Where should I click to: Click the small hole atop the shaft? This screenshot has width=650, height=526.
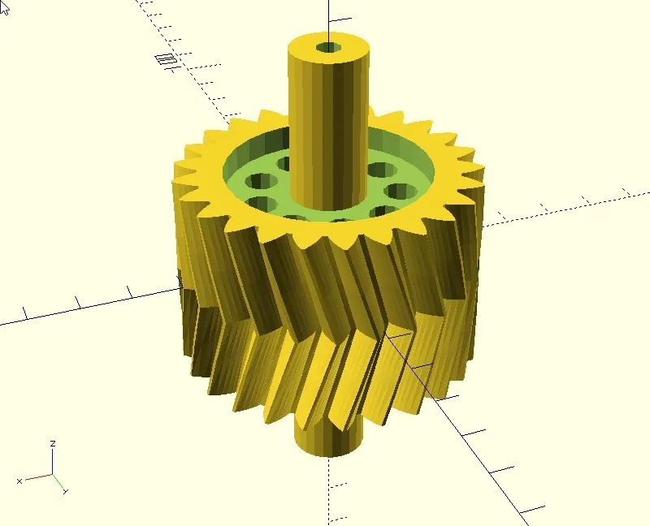click(x=329, y=47)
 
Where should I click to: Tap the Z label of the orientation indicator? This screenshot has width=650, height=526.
click(x=53, y=443)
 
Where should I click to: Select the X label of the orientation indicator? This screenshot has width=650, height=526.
click(x=19, y=481)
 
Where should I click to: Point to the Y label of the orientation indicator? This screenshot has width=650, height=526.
click(x=66, y=491)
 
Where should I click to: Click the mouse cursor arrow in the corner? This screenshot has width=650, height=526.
click(x=4, y=8)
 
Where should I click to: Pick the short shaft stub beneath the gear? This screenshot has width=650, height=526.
click(x=328, y=440)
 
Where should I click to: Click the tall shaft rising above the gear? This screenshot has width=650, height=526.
click(x=329, y=120)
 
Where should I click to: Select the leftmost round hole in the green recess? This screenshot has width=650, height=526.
click(x=261, y=181)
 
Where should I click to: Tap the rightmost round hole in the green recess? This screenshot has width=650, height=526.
click(x=401, y=192)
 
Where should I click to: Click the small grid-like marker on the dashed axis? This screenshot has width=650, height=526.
click(x=167, y=58)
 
